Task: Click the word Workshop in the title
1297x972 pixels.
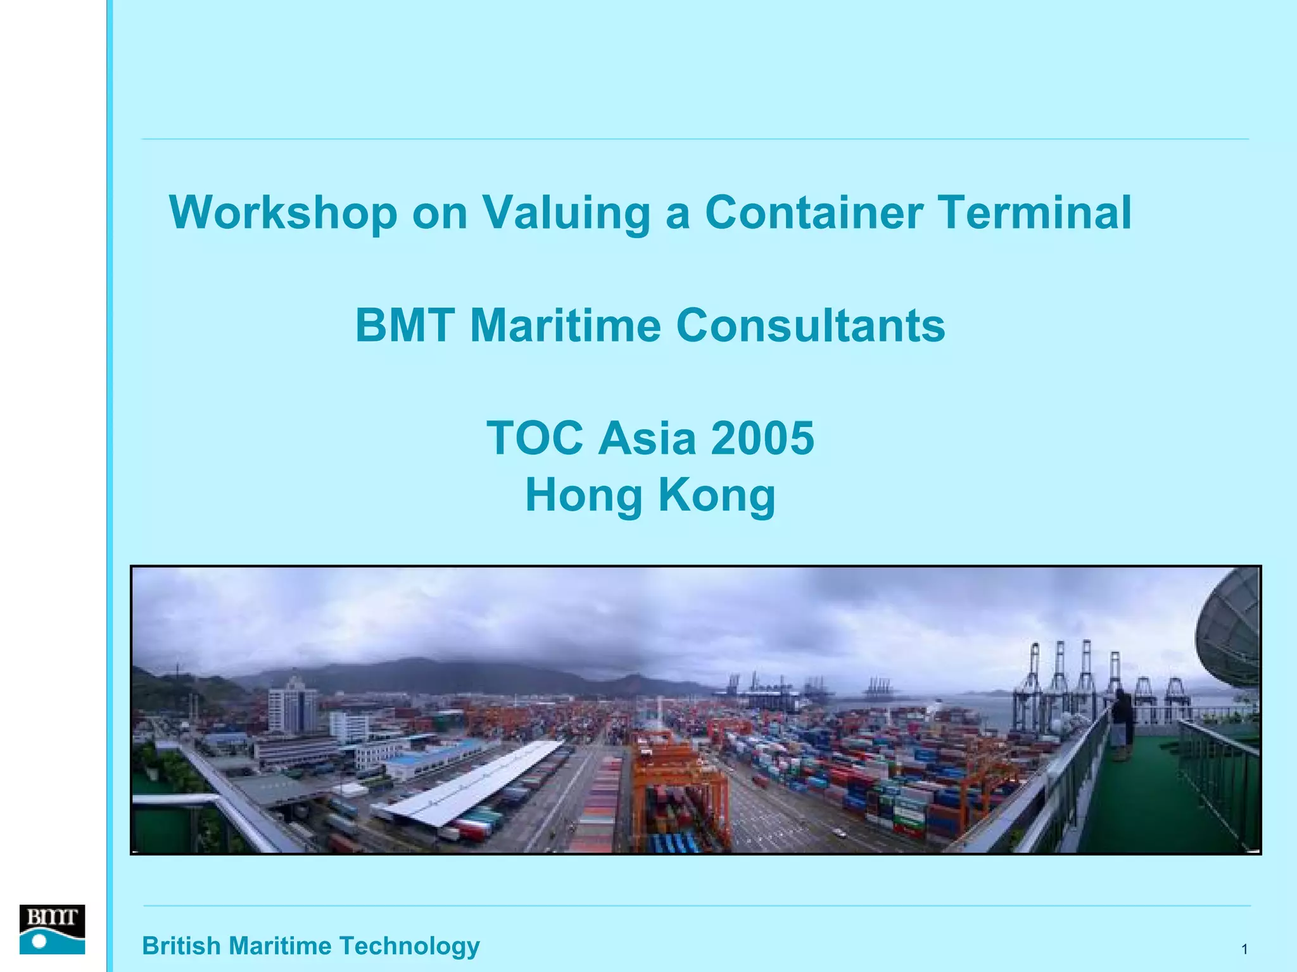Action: tap(283, 213)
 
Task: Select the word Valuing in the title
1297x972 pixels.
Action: tap(566, 213)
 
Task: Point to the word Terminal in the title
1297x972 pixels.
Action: tap(1035, 213)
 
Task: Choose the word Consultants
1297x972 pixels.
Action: tap(811, 326)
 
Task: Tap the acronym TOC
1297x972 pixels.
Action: tap(535, 438)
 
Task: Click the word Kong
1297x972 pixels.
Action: tap(717, 495)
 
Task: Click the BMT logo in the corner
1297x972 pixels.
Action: tap(52, 929)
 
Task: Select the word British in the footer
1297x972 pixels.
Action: tap(180, 945)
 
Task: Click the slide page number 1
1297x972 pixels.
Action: tap(1244, 949)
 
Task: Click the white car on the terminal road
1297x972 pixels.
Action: tap(839, 833)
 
